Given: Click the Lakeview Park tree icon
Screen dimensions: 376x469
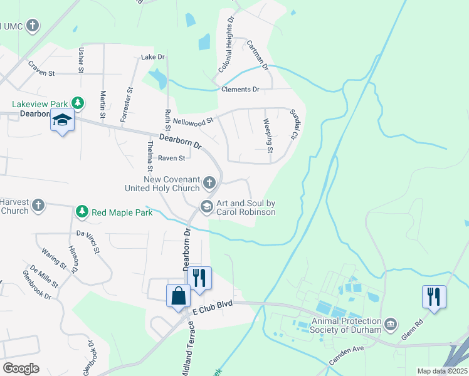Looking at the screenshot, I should (x=78, y=103).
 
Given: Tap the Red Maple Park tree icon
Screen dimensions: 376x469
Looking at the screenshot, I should (x=81, y=212).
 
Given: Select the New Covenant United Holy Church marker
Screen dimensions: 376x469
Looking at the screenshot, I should (x=209, y=182).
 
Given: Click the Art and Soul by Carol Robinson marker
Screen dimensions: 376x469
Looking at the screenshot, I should (x=206, y=206).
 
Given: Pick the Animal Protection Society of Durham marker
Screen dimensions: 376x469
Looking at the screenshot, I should (x=391, y=324).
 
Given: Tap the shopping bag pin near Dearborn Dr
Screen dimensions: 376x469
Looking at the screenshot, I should (x=178, y=296).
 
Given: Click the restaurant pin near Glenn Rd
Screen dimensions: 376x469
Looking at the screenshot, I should (x=434, y=296).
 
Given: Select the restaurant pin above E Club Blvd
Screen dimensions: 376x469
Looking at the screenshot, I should (x=199, y=277).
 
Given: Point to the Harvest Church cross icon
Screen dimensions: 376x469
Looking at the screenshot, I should (x=39, y=204).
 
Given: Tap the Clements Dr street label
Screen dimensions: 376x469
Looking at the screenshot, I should (x=240, y=90).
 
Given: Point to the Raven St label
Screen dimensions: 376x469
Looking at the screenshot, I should (x=171, y=159).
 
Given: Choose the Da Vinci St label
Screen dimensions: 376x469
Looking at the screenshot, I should (x=88, y=242).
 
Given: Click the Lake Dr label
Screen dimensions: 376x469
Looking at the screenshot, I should (x=153, y=57).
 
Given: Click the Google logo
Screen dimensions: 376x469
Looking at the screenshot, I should (x=21, y=368).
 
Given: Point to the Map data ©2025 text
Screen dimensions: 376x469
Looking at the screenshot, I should (x=442, y=371).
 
